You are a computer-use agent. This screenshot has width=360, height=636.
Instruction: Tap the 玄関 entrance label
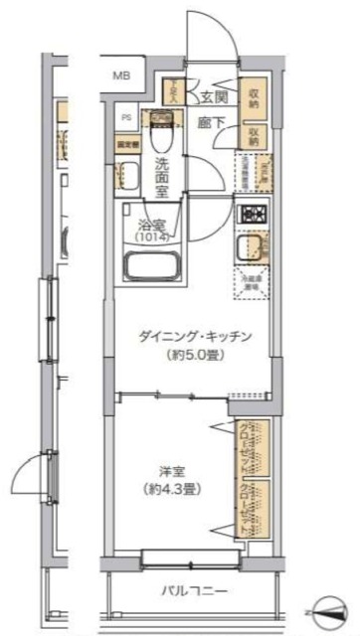212,96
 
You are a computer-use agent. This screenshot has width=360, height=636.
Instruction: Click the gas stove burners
250,214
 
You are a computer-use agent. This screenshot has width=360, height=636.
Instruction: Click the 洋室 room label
166,471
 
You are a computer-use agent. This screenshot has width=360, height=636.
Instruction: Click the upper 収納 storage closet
255,97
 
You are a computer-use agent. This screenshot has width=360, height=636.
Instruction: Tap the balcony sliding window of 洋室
189,557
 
